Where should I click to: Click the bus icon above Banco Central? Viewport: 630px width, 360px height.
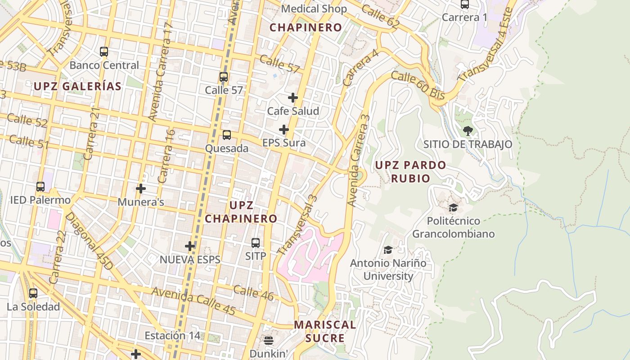pyautogui.click(x=104, y=52)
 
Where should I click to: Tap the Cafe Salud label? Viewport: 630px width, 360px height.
pyautogui.click(x=293, y=111)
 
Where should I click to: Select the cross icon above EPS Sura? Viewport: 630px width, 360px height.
pyautogui.click(x=283, y=130)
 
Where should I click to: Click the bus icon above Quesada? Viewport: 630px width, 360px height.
pyautogui.click(x=227, y=135)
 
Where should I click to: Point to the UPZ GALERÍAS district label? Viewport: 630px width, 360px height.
pyautogui.click(x=77, y=86)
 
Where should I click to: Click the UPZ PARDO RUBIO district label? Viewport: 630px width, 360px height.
pyautogui.click(x=410, y=171)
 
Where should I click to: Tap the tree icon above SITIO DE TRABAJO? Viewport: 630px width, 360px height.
pyautogui.click(x=468, y=131)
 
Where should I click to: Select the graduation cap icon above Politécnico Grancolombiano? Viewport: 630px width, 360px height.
pyautogui.click(x=453, y=207)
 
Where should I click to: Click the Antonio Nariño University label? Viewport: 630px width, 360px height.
pyautogui.click(x=388, y=270)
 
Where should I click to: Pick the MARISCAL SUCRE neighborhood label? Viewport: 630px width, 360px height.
pyautogui.click(x=325, y=331)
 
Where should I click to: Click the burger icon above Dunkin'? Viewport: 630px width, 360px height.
pyautogui.click(x=269, y=340)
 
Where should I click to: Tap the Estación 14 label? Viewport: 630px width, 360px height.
pyautogui.click(x=172, y=336)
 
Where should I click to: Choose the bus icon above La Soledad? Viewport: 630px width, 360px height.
pyautogui.click(x=33, y=293)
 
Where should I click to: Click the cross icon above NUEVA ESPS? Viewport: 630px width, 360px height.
pyautogui.click(x=190, y=246)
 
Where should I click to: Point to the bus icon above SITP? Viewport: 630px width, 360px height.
pyautogui.click(x=256, y=243)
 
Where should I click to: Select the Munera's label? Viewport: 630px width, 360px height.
pyautogui.click(x=141, y=202)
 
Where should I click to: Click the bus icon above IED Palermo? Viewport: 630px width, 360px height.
pyautogui.click(x=40, y=186)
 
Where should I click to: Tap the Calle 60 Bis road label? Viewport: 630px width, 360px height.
pyautogui.click(x=418, y=85)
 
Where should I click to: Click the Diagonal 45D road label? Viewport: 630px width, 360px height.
pyautogui.click(x=89, y=242)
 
